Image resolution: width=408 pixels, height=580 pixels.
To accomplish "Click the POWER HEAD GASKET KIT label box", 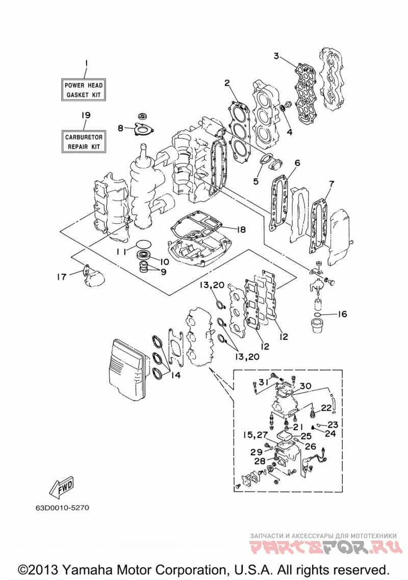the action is tap(83, 90).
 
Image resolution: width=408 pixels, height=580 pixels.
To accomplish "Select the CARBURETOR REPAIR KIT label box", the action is tap(83, 141).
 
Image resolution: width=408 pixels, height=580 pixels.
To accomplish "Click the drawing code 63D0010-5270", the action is tap(62, 508).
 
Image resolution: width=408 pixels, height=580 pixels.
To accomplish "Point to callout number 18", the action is tap(241, 229).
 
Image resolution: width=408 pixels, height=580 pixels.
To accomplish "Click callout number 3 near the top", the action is tap(276, 56).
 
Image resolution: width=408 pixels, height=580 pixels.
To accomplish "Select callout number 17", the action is tap(62, 276).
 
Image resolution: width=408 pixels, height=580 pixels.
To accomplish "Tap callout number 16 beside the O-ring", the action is tap(342, 314).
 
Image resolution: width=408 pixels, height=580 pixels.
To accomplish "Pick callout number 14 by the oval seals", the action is tap(175, 375).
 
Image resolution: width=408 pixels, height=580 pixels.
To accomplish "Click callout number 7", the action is tap(331, 183).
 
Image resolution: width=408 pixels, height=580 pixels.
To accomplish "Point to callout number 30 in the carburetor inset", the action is tap(305, 386).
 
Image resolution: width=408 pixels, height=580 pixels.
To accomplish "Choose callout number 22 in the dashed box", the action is tap(326, 408).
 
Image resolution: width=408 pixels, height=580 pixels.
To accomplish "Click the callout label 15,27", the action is tap(256, 434).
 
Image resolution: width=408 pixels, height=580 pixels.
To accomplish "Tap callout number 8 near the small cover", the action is tap(121, 128).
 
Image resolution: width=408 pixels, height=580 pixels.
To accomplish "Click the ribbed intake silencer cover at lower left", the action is tap(126, 366).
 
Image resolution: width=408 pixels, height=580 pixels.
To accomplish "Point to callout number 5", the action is tap(256, 181).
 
